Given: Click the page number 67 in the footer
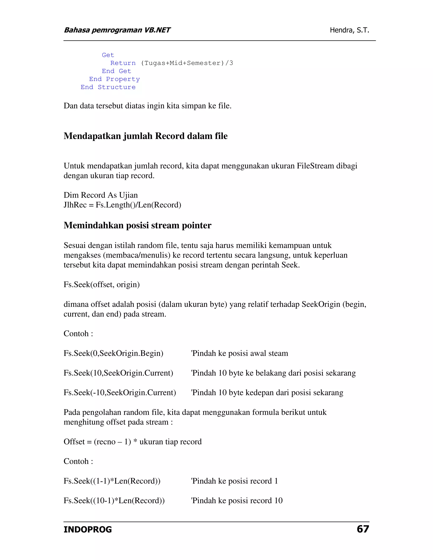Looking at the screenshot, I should pyautogui.click(x=363, y=529).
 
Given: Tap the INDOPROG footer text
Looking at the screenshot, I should pyautogui.click(x=88, y=530).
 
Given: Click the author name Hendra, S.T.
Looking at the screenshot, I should pyautogui.click(x=349, y=30).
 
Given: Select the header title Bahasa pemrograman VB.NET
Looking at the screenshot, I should pyautogui.click(x=117, y=30).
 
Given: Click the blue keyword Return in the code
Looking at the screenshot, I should pyautogui.click(x=123, y=63).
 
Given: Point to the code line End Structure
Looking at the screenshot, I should pyautogui.click(x=108, y=87).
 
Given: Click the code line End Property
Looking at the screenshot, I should pyautogui.click(x=114, y=79).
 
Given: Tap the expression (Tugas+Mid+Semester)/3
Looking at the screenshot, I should pyautogui.click(x=187, y=63).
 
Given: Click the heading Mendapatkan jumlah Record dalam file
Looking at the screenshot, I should pyautogui.click(x=145, y=136).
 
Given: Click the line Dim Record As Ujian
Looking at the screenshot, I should pyautogui.click(x=101, y=195).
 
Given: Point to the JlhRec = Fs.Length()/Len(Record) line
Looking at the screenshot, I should pyautogui.click(x=122, y=205).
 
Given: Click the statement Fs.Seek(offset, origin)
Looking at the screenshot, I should pyautogui.click(x=101, y=285).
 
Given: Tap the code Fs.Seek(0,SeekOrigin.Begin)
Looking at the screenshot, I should pyautogui.click(x=113, y=353).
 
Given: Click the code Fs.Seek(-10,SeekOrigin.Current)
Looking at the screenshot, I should pyautogui.click(x=120, y=393).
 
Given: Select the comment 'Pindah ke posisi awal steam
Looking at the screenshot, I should pyautogui.click(x=239, y=353).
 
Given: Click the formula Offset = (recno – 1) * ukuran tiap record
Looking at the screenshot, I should pyautogui.click(x=133, y=442).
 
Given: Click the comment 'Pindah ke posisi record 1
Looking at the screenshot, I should pyautogui.click(x=234, y=481).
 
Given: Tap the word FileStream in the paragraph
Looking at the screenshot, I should pyautogui.click(x=315, y=166).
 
